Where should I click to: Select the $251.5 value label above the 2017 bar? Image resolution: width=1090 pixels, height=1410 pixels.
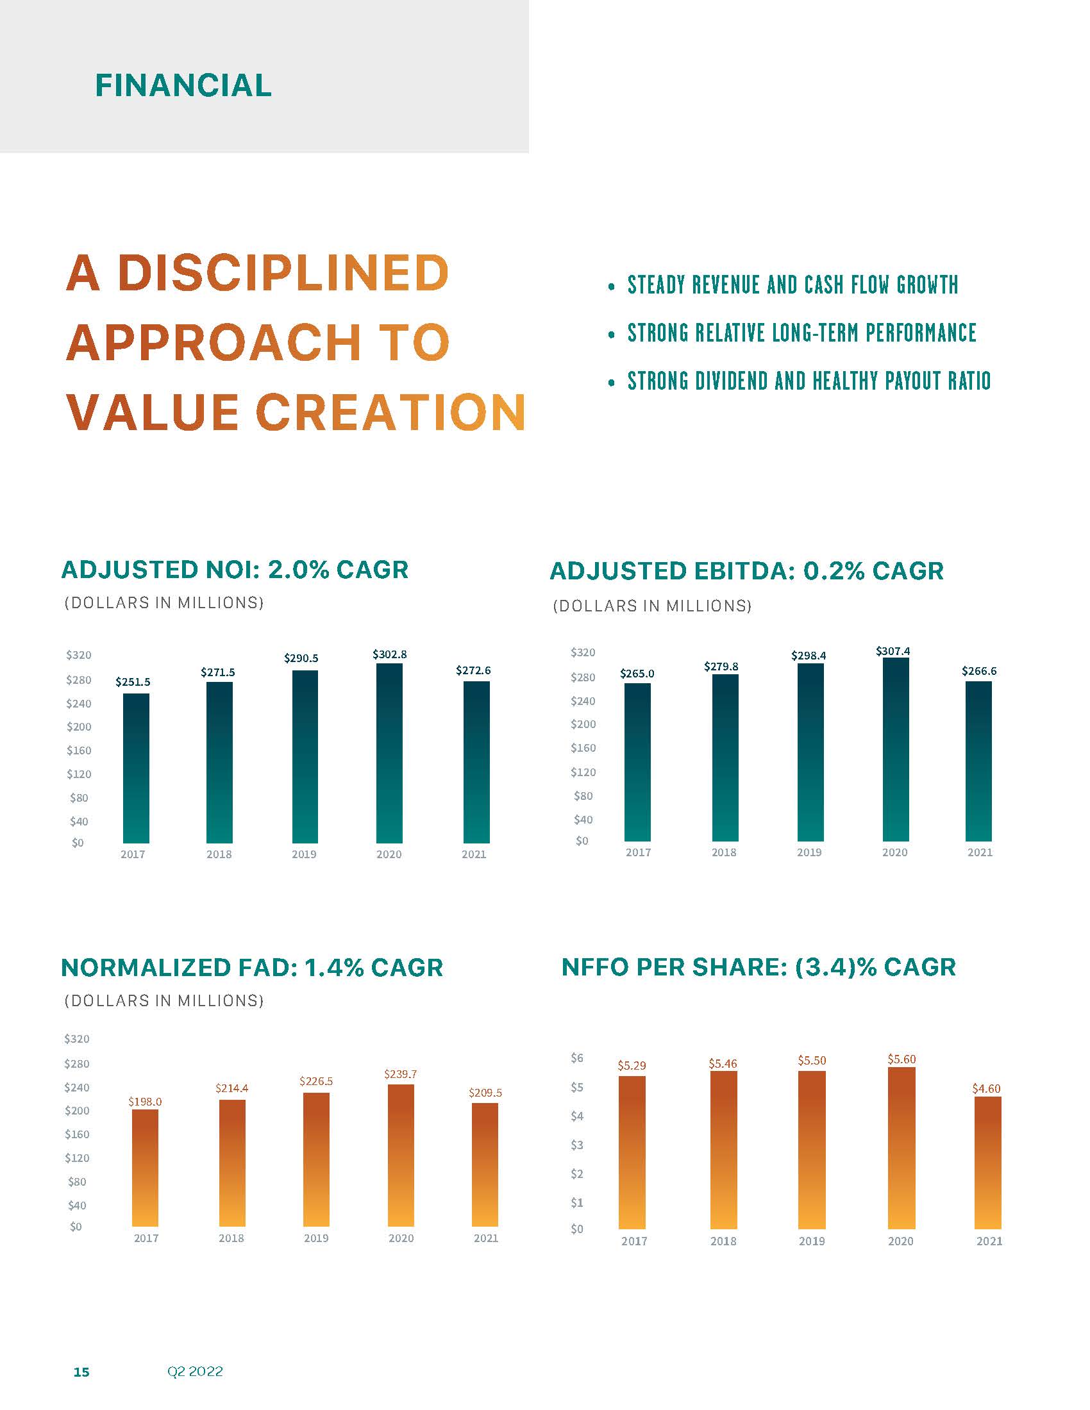pyautogui.click(x=133, y=682)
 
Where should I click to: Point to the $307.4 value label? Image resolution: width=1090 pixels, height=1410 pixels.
pyautogui.click(x=893, y=651)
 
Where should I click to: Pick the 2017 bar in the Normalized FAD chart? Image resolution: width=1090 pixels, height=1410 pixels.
pyautogui.click(x=146, y=1168)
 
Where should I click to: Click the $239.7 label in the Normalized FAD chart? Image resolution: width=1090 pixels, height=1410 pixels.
pyautogui.click(x=400, y=1074)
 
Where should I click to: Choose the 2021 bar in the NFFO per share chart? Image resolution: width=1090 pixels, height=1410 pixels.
pyautogui.click(x=987, y=1162)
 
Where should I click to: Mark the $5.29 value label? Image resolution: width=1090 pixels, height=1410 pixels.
pyautogui.click(x=632, y=1065)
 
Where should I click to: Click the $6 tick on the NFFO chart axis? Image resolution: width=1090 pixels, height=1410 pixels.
pyautogui.click(x=576, y=1057)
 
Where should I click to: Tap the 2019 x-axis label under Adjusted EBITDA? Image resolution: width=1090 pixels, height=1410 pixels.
pyautogui.click(x=809, y=852)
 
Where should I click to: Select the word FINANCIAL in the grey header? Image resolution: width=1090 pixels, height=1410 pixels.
pyautogui.click(x=183, y=85)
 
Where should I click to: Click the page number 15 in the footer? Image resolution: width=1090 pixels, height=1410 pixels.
pyautogui.click(x=81, y=1372)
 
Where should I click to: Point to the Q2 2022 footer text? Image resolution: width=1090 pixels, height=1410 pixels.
pyautogui.click(x=195, y=1372)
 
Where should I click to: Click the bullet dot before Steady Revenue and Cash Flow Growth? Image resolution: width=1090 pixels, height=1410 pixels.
pyautogui.click(x=611, y=286)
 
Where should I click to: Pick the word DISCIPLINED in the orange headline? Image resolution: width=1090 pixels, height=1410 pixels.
pyautogui.click(x=283, y=272)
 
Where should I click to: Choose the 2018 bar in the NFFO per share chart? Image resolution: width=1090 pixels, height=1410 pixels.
pyautogui.click(x=723, y=1149)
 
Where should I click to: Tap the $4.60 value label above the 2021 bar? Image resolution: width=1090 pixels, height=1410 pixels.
pyautogui.click(x=986, y=1088)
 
